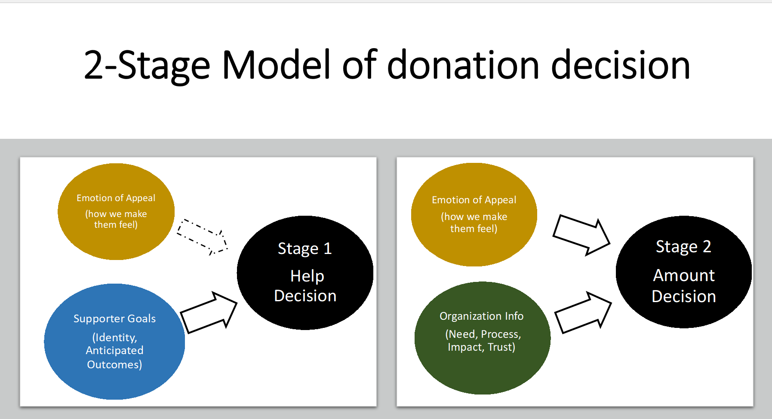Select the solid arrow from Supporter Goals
click(209, 312)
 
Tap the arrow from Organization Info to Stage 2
click(583, 312)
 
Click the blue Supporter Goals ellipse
click(114, 342)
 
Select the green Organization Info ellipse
click(482, 338)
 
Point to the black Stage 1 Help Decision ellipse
click(305, 273)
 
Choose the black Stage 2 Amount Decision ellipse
click(684, 272)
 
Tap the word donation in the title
click(464, 65)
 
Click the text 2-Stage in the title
click(147, 65)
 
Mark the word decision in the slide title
click(621, 65)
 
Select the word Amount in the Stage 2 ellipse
click(684, 275)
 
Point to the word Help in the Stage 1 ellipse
click(307, 276)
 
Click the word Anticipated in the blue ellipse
click(114, 350)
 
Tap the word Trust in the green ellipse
click(500, 347)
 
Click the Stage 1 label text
click(304, 249)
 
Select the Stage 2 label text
click(683, 247)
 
